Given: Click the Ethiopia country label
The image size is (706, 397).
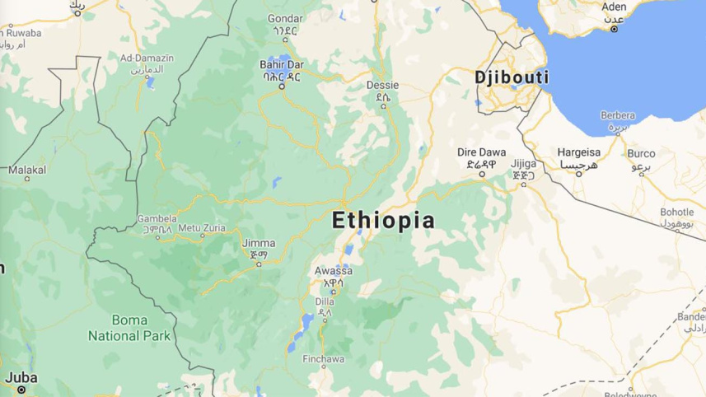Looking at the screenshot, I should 383,220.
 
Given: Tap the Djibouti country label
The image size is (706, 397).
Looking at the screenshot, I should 512,77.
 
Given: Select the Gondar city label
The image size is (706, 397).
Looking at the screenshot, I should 285,18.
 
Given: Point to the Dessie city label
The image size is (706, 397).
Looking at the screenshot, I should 382,85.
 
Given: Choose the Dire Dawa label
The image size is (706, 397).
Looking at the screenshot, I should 482,152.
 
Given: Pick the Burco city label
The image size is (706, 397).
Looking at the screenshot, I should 641,153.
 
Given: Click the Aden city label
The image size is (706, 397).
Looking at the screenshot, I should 614,7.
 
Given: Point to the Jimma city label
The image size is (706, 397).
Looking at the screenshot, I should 259,244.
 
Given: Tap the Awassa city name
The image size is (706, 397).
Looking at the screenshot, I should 333,271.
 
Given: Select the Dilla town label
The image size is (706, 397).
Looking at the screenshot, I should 324,301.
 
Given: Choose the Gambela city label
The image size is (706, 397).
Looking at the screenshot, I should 157,218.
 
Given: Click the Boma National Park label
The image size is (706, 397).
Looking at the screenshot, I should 129,327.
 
